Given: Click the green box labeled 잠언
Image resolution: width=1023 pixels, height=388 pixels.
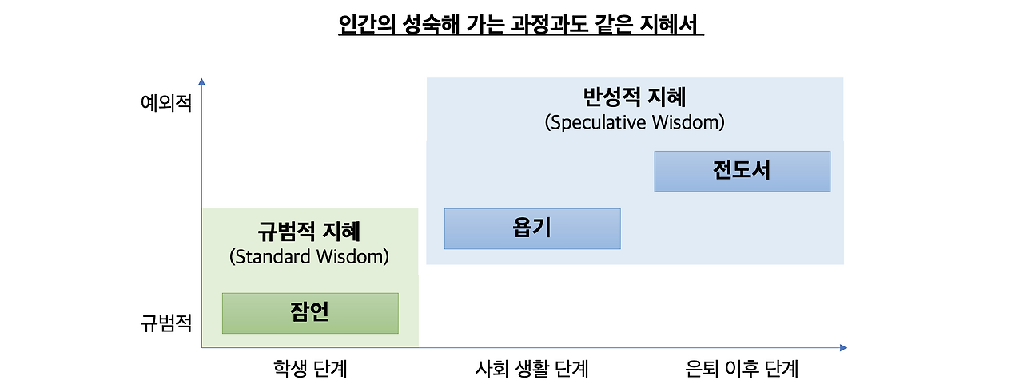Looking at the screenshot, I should (310, 313).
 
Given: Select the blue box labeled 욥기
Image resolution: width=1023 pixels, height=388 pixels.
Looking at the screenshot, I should (532, 229).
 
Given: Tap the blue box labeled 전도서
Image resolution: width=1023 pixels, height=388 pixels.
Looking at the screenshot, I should (742, 171).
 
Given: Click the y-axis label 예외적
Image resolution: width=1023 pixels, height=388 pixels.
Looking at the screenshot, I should (166, 103).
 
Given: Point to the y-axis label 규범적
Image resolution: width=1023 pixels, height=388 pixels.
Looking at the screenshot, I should (166, 323).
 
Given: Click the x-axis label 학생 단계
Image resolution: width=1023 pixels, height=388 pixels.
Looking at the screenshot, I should (310, 369).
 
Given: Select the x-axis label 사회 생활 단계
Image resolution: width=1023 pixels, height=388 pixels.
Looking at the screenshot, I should (531, 369).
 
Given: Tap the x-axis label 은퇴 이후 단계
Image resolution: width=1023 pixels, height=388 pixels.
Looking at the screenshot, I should (742, 369).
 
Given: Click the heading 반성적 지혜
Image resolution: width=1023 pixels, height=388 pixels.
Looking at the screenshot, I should (635, 98).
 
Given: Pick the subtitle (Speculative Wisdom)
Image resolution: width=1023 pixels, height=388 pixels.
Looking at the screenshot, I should (635, 123).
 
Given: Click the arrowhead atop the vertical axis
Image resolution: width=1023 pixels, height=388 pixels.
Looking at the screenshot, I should (202, 81).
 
